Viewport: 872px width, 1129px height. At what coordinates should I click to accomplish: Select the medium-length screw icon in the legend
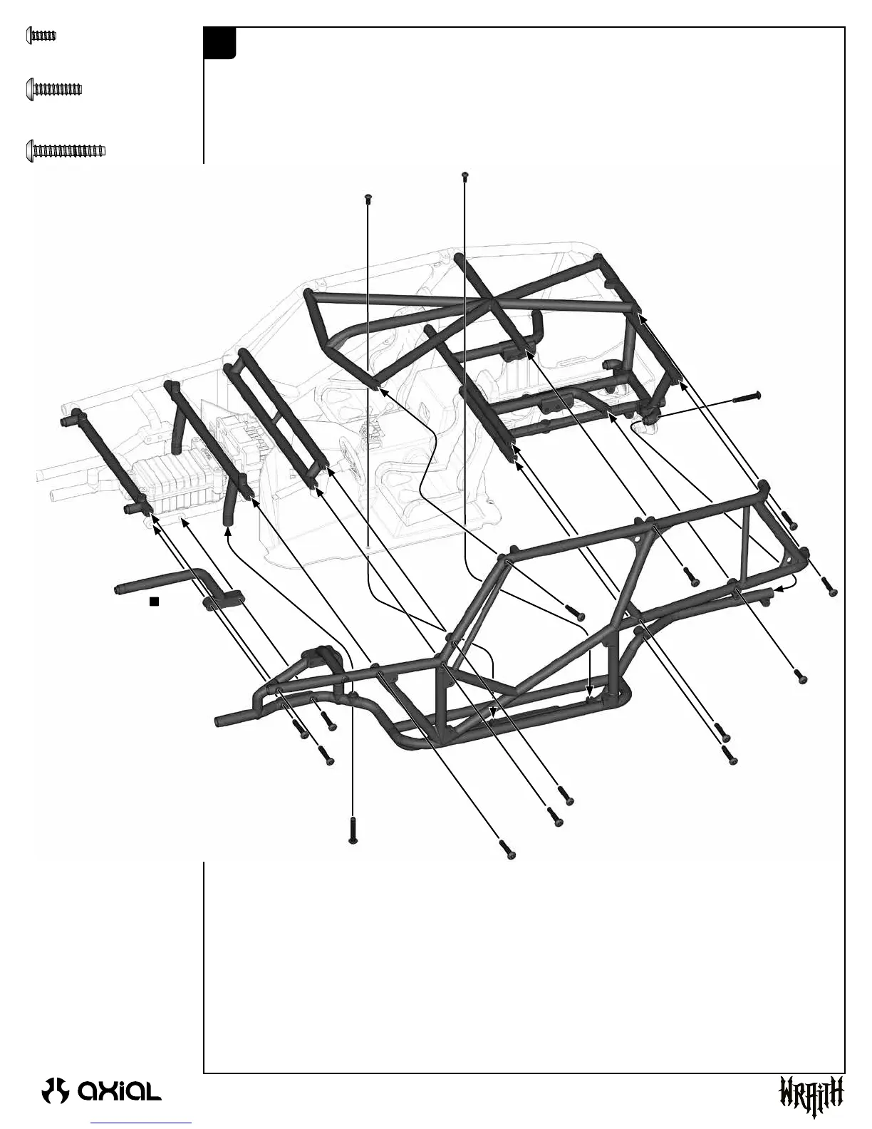tap(54, 89)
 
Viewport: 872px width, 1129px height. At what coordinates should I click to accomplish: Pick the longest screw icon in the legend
tap(66, 150)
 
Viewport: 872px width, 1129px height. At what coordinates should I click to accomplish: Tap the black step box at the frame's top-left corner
tap(219, 43)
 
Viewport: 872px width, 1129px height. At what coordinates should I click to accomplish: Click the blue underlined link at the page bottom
tap(142, 1123)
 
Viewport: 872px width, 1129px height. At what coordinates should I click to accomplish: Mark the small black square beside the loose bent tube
tap(153, 602)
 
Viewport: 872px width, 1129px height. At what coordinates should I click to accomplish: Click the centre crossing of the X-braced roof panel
tap(492, 302)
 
